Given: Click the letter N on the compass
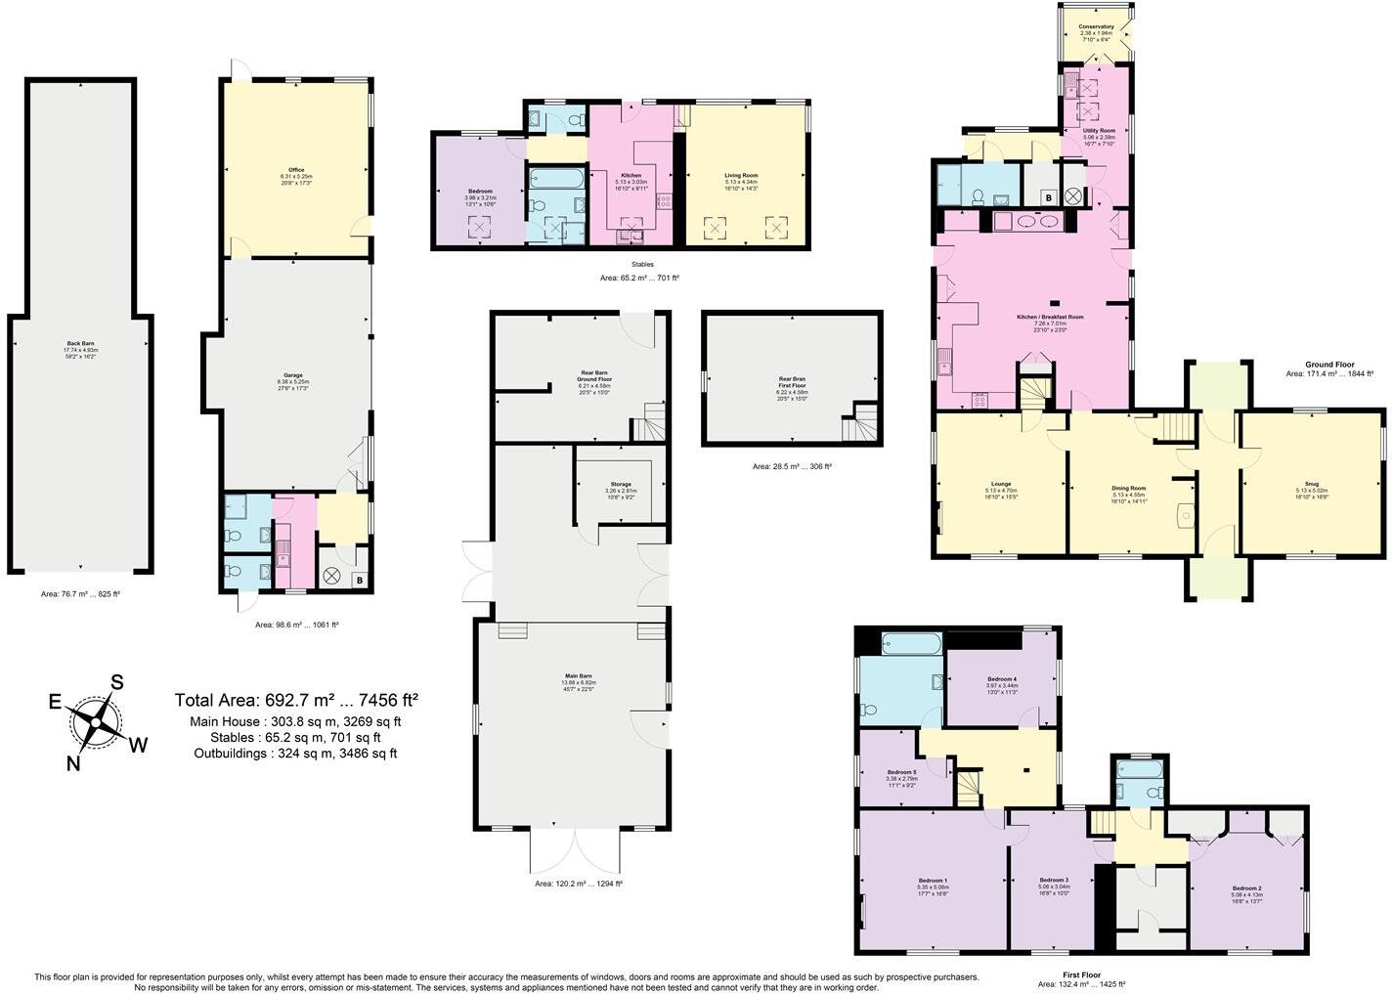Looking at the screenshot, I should coord(73,763).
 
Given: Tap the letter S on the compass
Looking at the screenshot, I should coord(117,682).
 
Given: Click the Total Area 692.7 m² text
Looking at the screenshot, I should coord(296,700).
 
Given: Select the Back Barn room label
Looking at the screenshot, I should coord(82,343).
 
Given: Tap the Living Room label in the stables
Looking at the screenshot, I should coord(748,176).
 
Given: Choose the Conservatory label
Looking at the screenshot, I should coord(1096,27).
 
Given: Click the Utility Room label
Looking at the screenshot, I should coord(1099,130).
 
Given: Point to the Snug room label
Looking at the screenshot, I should coord(1312,483).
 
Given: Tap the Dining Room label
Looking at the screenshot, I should coord(1128,488).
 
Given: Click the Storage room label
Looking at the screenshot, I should coord(621,484).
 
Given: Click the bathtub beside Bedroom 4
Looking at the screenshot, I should coord(911,643).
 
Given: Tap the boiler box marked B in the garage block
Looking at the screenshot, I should coord(359,581).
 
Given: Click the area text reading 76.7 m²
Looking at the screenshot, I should coord(80,593).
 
